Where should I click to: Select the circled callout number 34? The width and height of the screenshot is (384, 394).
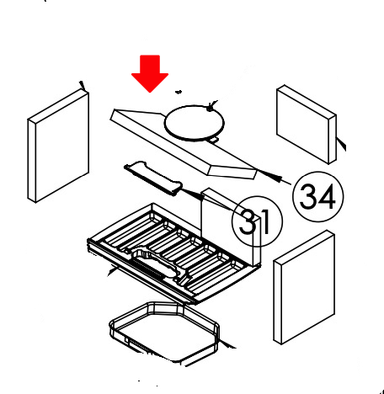point(317,197)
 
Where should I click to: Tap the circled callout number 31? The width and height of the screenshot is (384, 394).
point(257,222)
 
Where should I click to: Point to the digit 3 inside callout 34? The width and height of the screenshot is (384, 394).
point(308,197)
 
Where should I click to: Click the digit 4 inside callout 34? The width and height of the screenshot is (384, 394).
point(328,197)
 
